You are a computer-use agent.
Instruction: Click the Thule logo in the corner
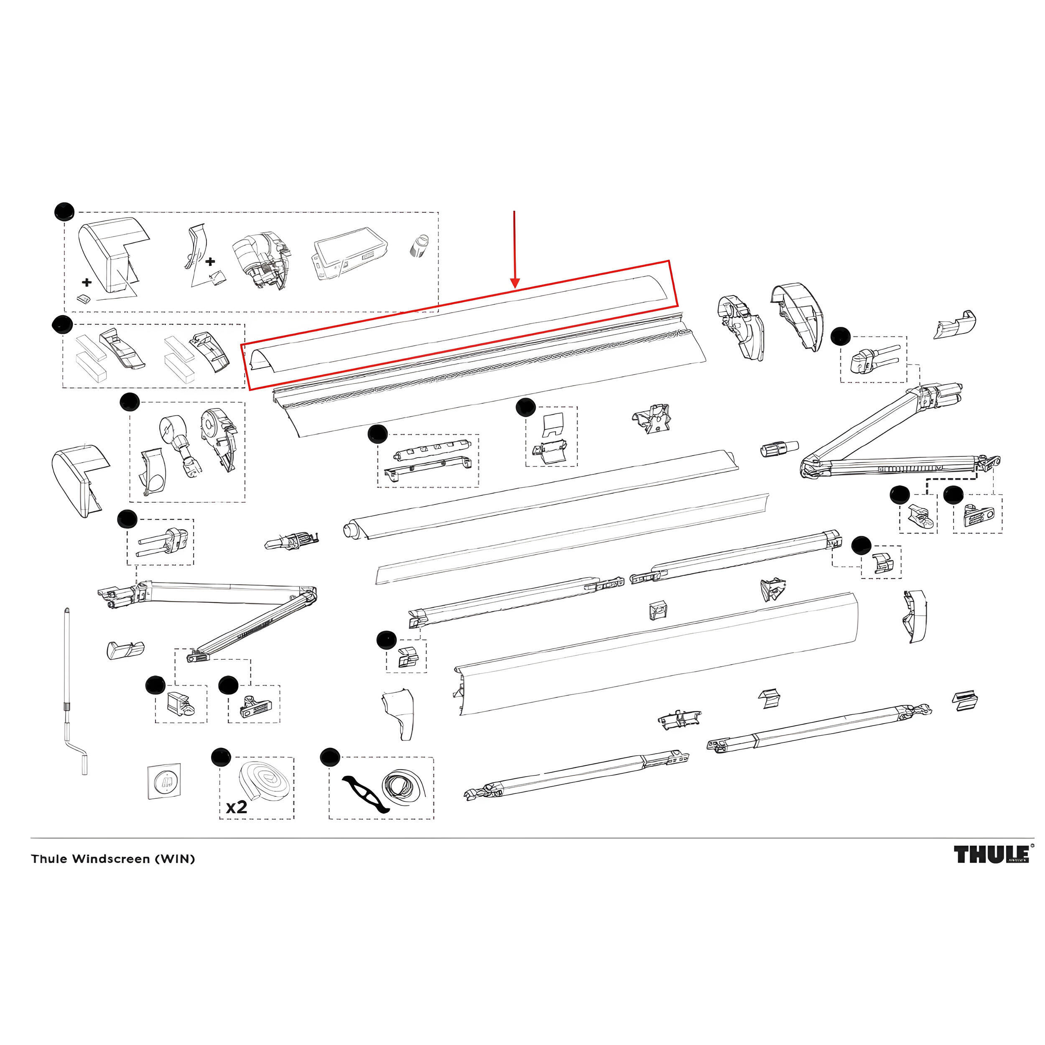point(991,855)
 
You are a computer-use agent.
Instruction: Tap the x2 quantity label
point(236,807)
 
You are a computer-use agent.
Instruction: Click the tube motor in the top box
point(260,259)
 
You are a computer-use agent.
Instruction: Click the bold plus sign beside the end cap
point(87,282)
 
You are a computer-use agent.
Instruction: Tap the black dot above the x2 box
point(220,757)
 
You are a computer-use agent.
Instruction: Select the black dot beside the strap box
point(329,757)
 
